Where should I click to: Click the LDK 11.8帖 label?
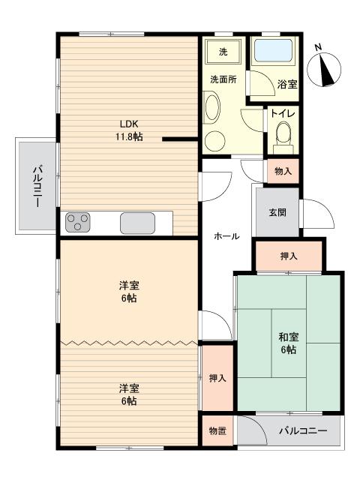coord(127,130)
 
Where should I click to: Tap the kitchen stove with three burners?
coord(78,222)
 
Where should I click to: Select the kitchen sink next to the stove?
coord(137,223)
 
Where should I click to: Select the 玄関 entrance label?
coord(277,212)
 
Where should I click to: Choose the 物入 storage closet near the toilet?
coord(283,172)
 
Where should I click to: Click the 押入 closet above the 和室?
coord(289,256)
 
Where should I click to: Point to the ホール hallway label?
coord(226,236)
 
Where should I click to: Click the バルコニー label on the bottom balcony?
coord(302,431)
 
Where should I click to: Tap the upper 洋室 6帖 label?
coord(127,292)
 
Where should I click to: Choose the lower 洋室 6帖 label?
coord(127,394)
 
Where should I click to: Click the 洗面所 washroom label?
coord(223,79)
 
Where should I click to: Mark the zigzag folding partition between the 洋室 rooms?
coord(129,342)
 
